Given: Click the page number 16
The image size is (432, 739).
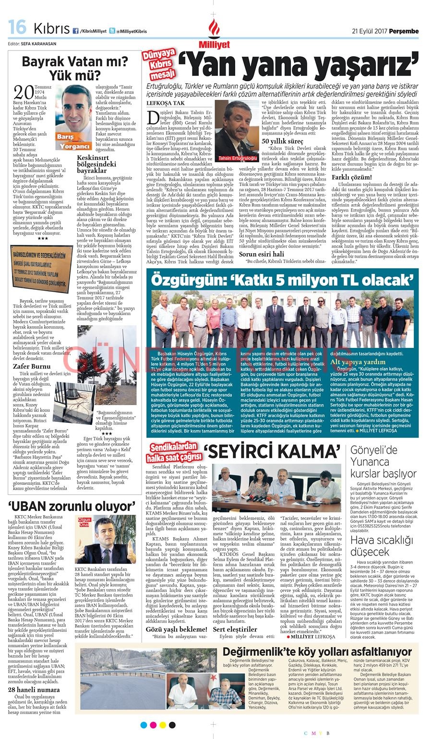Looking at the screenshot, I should point(17,28).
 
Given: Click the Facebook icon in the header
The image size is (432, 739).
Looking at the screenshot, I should point(75,31).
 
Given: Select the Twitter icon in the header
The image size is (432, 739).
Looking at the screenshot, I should point(112,31).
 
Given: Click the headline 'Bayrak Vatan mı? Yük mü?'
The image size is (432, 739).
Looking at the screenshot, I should point(75,68).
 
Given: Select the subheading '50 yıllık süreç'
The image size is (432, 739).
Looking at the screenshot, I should point(282,141).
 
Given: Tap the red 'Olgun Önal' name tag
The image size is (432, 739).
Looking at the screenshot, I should point(84,522).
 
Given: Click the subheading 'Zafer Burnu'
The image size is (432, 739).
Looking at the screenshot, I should point(32,366).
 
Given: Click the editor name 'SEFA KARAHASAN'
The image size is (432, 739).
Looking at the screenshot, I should point(38,43).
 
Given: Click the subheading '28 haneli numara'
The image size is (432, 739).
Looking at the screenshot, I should point(34,690).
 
